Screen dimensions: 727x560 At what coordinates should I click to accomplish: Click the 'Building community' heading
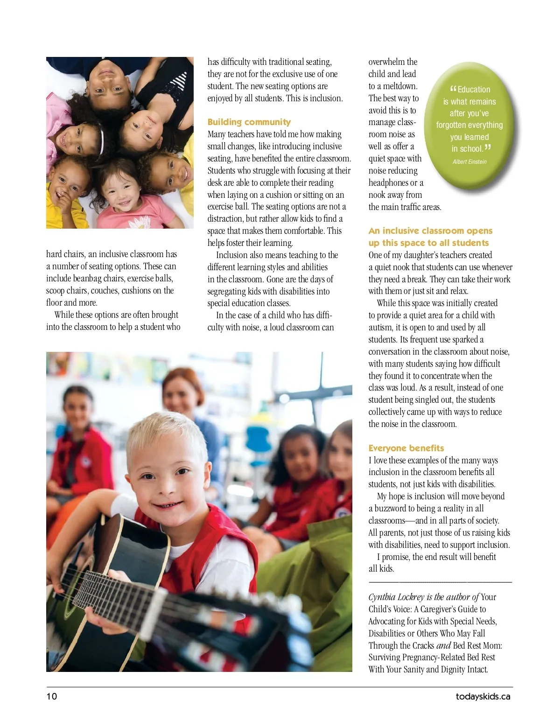tap(249, 122)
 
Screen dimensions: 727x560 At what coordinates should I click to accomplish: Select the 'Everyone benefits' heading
tap(406, 448)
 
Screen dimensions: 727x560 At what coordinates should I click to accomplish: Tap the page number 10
tap(51, 697)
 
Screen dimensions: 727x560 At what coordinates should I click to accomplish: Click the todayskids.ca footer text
tap(483, 697)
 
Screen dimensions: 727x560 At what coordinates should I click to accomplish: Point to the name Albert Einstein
tap(469, 162)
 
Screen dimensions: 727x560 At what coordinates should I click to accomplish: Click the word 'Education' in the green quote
tap(474, 90)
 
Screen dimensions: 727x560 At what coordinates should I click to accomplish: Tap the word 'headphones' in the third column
tap(388, 183)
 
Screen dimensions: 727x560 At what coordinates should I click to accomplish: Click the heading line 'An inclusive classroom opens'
tap(430, 231)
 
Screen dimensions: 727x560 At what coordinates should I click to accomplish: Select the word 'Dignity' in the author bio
tap(464, 670)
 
